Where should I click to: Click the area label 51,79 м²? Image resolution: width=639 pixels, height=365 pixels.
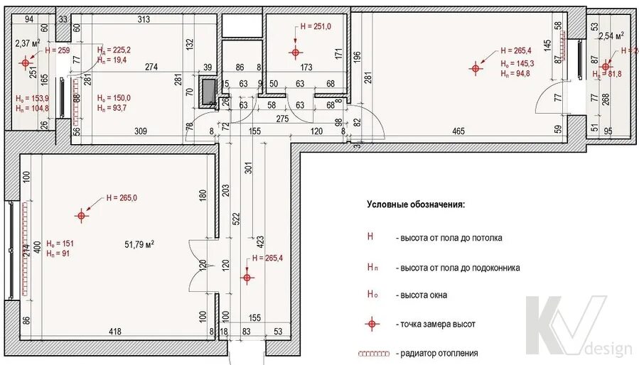pos(139,244)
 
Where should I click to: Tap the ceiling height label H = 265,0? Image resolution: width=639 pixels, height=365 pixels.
pos(122,198)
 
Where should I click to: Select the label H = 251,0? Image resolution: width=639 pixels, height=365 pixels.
pos(315,26)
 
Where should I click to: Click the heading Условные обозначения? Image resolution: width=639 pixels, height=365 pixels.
pos(417,205)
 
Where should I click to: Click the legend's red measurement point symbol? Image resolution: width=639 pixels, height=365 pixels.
pos(370,324)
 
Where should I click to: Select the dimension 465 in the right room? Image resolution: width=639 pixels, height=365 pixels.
pos(458,131)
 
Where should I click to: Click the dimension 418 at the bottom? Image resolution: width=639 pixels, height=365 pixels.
pos(114,331)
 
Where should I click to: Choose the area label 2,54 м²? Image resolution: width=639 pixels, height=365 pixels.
pos(611,35)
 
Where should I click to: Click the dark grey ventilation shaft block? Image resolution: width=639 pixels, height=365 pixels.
pos(209,91)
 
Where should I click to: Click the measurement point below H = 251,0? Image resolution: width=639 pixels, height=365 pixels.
pos(296,52)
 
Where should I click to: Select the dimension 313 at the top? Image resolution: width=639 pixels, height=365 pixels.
pos(144,20)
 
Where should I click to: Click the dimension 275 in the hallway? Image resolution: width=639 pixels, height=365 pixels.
pos(282,118)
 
